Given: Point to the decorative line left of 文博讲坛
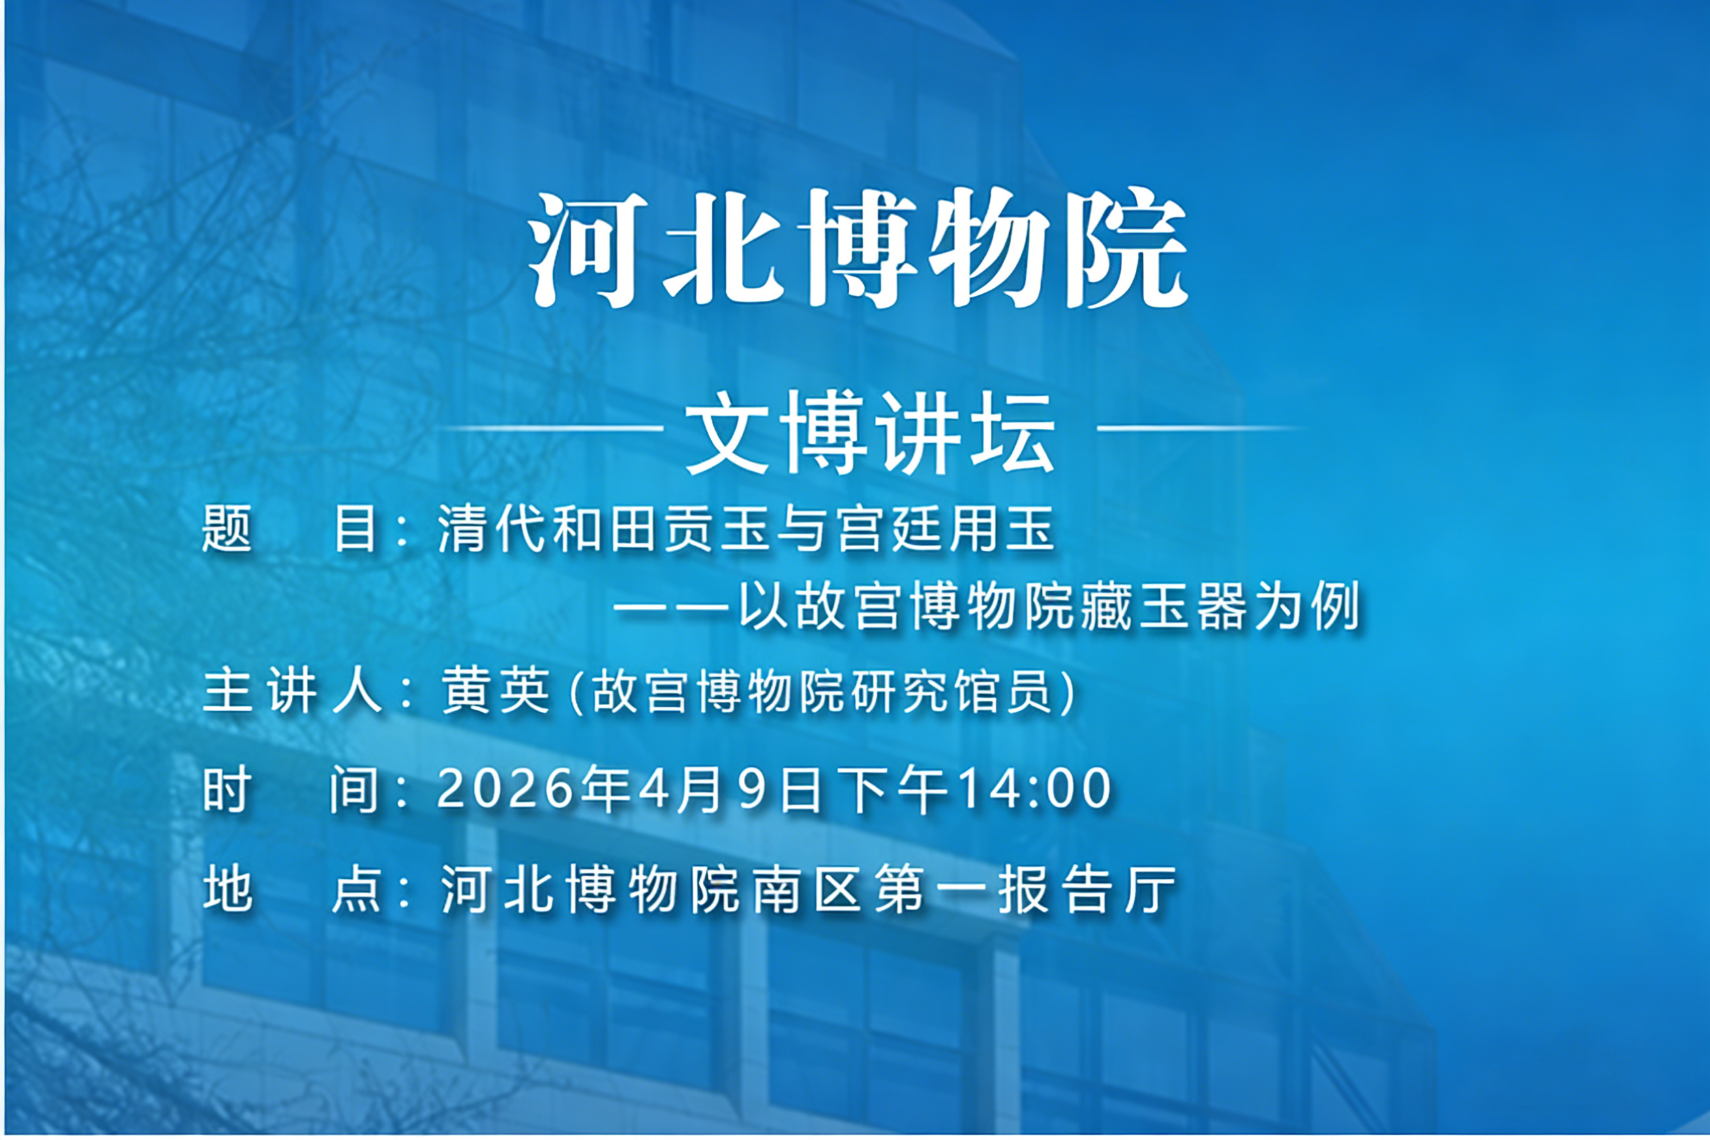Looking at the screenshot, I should click(x=552, y=428).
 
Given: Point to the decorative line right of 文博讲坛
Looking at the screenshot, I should click(x=1199, y=428).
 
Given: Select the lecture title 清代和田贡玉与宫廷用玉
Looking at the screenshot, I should click(x=746, y=529).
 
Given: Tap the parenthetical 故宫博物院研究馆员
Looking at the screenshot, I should click(x=822, y=691).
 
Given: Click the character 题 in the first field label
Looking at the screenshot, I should click(x=227, y=529).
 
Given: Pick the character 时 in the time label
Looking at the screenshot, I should click(x=228, y=790).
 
